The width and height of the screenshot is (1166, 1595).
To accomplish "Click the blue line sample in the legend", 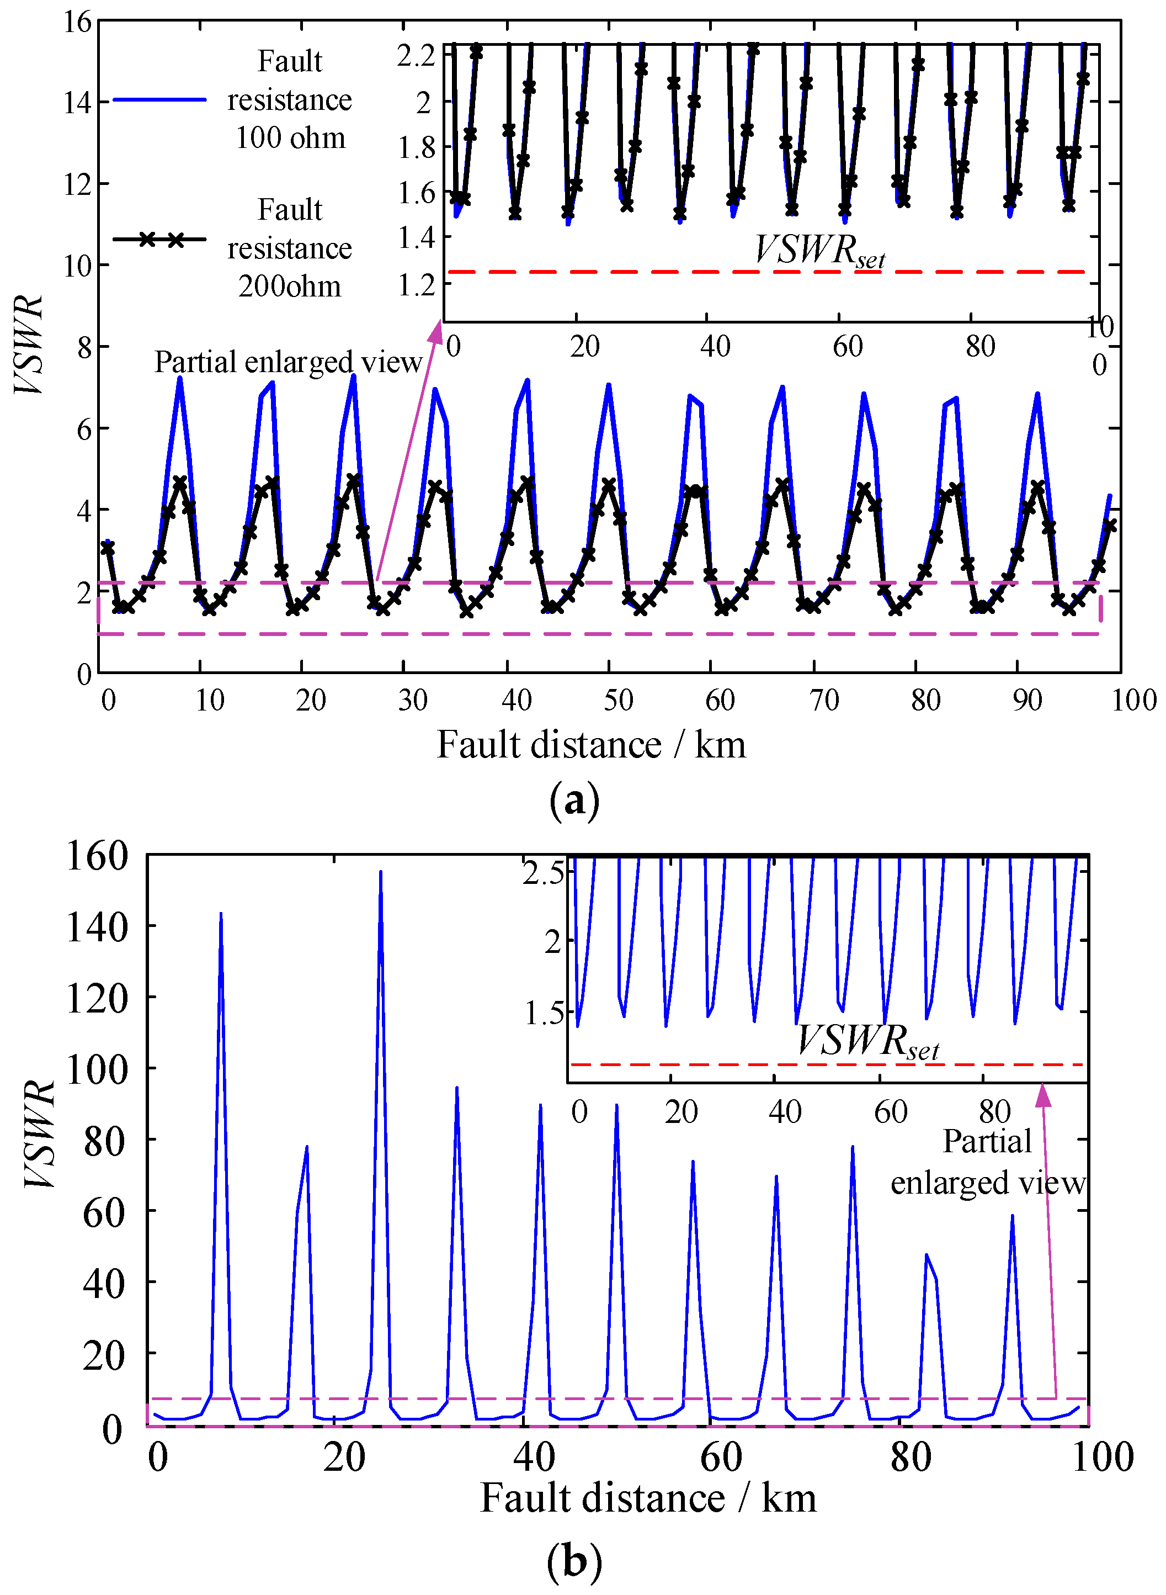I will click(159, 100).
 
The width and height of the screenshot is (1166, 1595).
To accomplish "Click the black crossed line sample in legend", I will click(159, 240).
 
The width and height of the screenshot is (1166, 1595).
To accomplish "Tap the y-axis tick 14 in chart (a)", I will click(78, 102).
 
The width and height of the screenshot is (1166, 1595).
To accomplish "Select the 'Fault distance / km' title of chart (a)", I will click(591, 744).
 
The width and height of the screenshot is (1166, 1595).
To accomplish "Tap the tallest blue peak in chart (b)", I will click(380, 873).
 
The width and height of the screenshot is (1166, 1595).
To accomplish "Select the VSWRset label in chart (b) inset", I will click(867, 1041).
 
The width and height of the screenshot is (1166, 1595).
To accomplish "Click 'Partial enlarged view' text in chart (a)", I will click(288, 362).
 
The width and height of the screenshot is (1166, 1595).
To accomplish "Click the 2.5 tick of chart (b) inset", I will click(544, 874).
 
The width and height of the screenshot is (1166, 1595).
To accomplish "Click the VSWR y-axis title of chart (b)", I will click(39, 1134).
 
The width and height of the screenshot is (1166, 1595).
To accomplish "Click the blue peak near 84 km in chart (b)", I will click(927, 1255).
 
